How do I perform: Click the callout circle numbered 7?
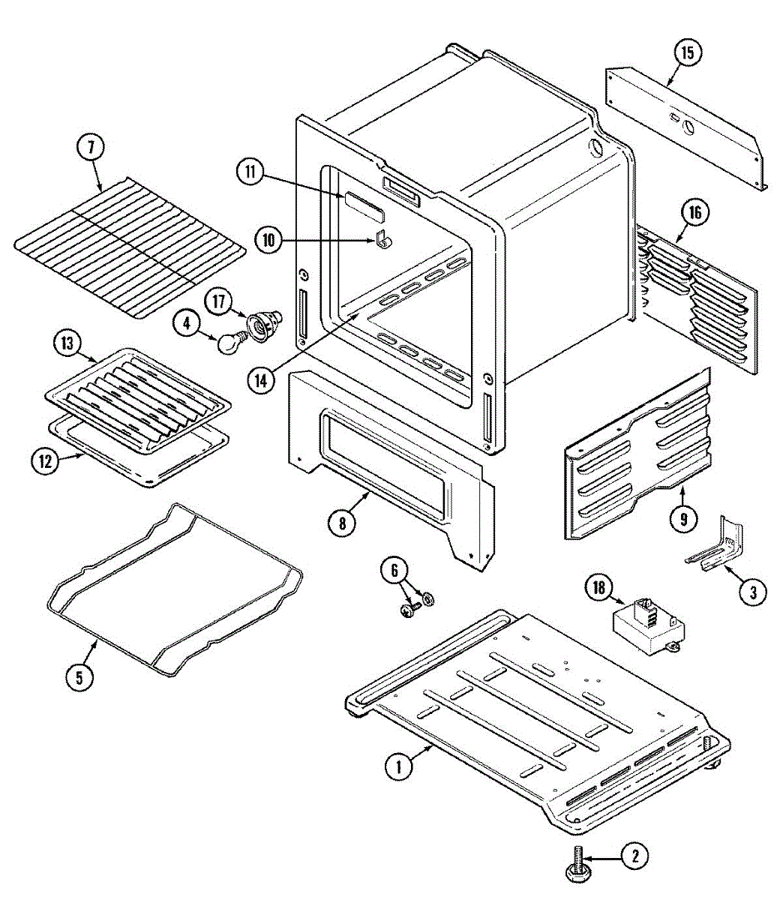tap(91, 146)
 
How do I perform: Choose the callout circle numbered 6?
tap(394, 570)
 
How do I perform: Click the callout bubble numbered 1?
tap(399, 766)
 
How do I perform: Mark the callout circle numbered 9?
tap(683, 518)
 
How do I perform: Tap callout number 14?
tap(259, 380)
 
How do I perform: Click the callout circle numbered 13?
tap(67, 344)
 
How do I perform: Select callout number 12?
tap(46, 461)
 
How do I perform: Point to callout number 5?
tap(79, 676)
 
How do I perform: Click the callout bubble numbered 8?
tap(342, 523)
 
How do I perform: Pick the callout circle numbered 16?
tap(694, 213)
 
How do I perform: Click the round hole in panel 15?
tap(689, 128)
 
